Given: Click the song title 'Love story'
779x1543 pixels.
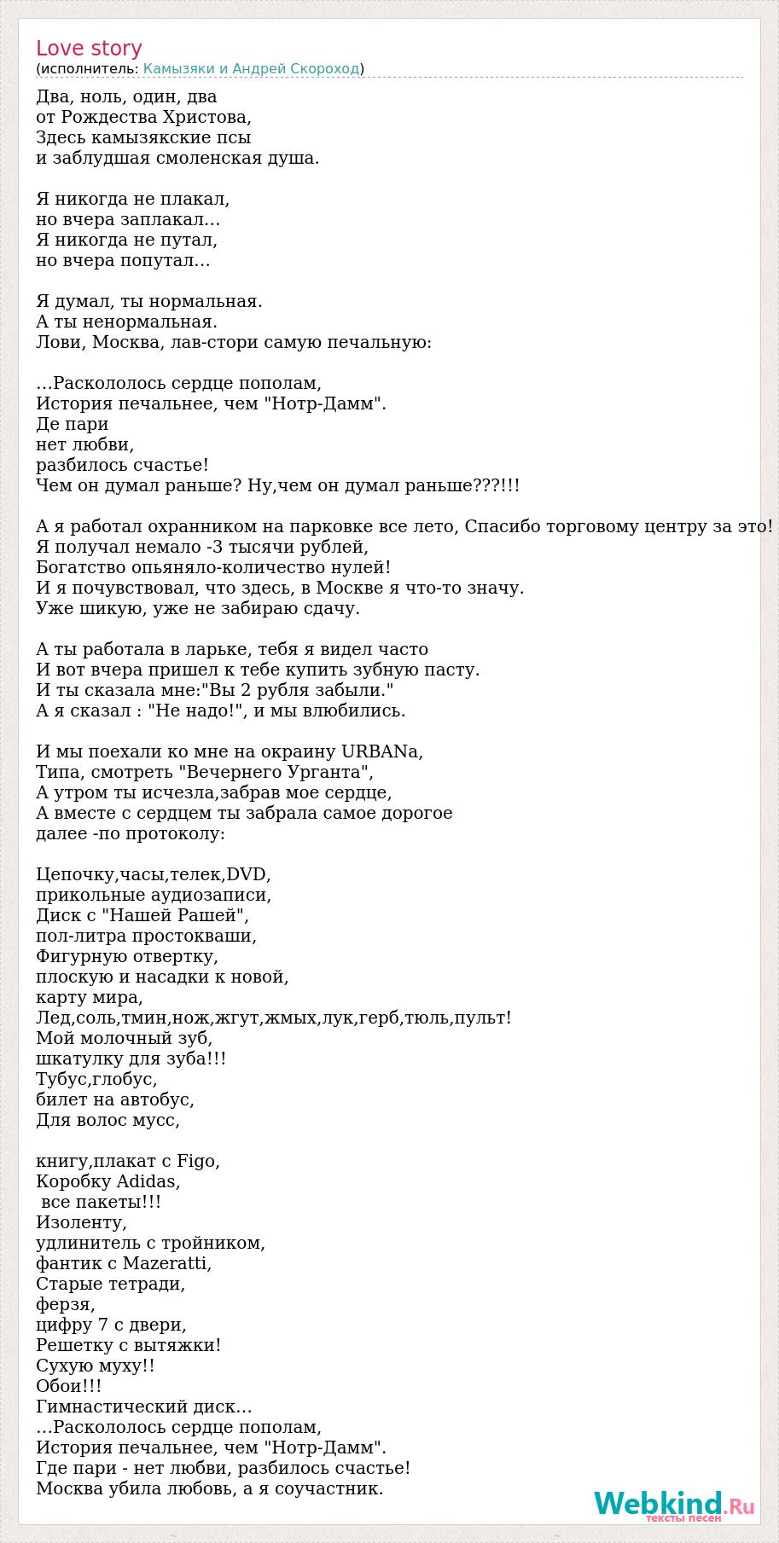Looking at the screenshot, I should point(89,49).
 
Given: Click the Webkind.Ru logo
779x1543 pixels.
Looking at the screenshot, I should point(674,1505).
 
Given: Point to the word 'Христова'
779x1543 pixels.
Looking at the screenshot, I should point(210,117).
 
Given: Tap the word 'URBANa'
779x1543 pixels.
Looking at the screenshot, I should point(381,751).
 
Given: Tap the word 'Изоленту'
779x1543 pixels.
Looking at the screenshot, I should point(81,1222).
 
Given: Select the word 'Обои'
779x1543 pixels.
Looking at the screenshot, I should point(61,1386).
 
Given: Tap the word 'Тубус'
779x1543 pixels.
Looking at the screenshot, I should point(62,1079).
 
